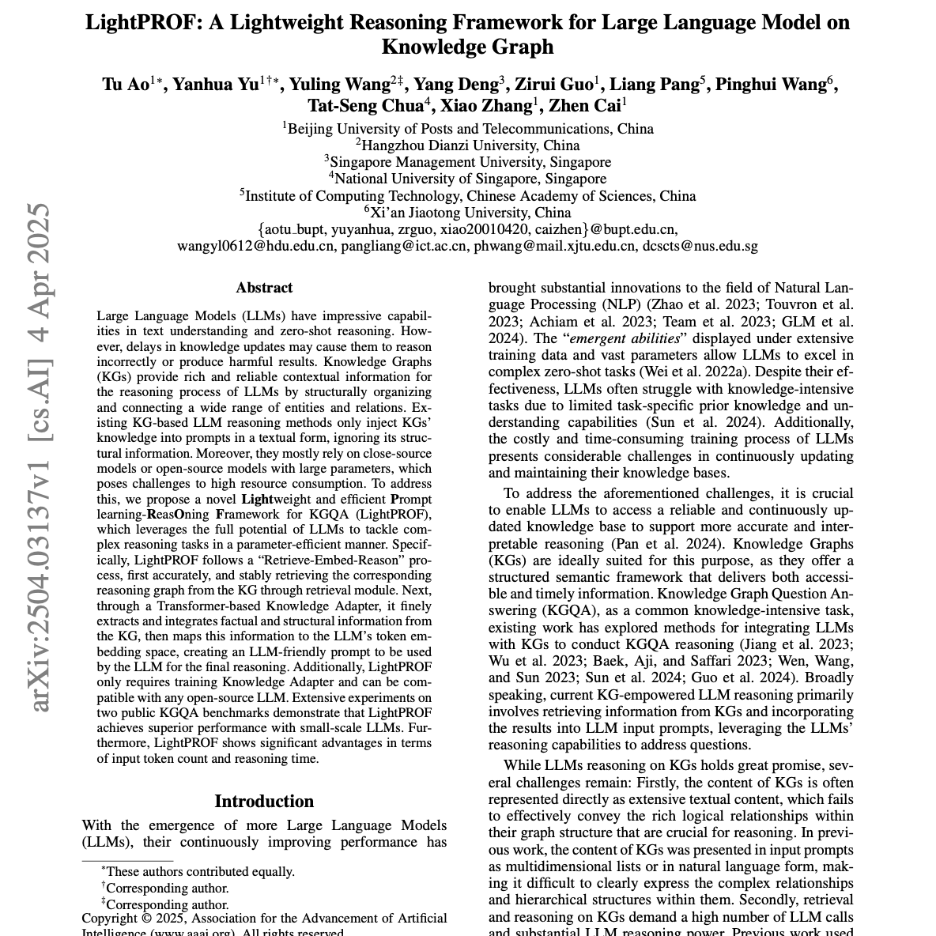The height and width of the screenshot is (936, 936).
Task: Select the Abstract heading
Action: point(264,288)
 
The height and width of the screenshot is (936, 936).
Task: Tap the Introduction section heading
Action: point(264,801)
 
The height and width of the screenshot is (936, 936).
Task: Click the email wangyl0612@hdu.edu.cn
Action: point(255,246)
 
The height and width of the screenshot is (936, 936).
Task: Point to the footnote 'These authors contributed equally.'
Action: point(200,871)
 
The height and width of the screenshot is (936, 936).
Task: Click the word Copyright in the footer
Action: point(109,919)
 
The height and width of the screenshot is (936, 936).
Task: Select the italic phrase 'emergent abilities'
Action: point(632,338)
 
